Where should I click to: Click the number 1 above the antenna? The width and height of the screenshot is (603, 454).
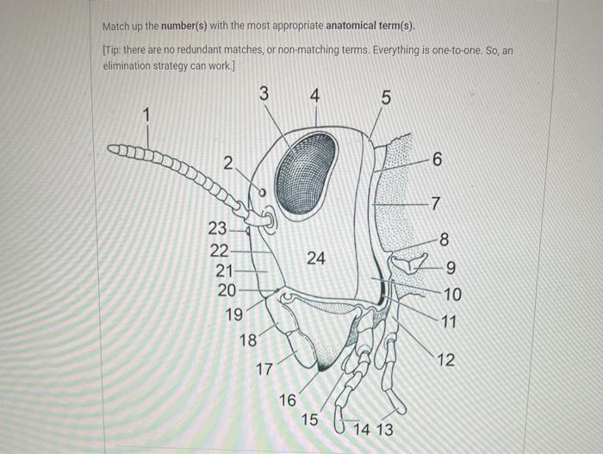146,113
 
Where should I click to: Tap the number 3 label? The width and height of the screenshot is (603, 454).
264,92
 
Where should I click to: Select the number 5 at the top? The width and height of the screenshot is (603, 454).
385,97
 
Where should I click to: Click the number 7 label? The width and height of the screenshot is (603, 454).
436,204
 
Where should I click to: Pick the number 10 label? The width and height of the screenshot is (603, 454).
452,295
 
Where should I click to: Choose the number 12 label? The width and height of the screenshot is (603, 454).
444,360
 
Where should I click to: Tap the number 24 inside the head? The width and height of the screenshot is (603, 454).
315,258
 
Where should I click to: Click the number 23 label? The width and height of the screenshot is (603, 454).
217,228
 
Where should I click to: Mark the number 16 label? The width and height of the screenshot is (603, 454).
288,400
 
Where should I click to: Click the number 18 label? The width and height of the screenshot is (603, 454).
248,340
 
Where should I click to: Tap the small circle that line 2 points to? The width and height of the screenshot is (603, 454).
263,193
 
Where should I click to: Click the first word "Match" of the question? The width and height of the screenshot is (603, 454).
116,25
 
